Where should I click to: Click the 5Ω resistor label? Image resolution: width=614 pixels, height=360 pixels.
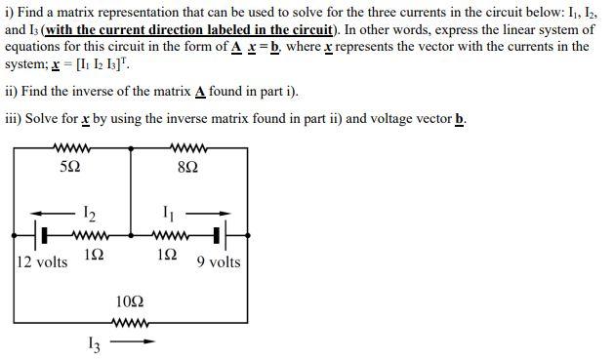(x=70, y=167)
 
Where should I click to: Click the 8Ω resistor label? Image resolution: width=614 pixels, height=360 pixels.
(x=189, y=167)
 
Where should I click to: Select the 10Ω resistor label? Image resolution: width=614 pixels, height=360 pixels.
(x=130, y=302)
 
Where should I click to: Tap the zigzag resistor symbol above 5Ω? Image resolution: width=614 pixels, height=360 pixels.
(x=70, y=148)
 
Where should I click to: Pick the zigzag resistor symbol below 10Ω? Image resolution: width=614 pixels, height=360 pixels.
(x=130, y=323)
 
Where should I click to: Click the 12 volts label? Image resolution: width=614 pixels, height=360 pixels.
(x=43, y=261)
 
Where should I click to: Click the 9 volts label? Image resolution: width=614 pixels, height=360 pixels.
(x=218, y=261)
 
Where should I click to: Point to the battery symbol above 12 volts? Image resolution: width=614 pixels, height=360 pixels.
(x=44, y=235)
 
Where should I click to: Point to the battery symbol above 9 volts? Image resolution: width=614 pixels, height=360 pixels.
(x=219, y=235)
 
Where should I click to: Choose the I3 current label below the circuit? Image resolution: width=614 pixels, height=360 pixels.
(x=93, y=343)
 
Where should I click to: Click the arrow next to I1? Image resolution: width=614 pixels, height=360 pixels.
(x=212, y=212)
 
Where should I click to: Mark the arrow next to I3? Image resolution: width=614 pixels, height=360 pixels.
(x=136, y=342)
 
